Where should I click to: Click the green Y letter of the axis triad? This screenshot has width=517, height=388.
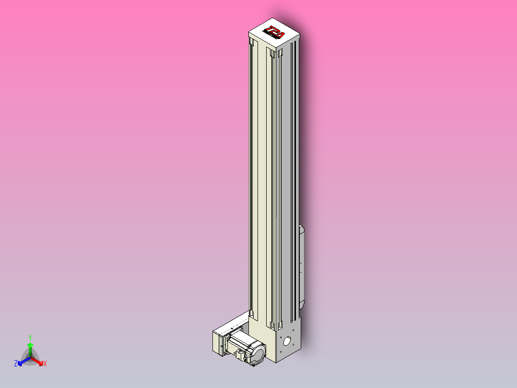click(x=30, y=338)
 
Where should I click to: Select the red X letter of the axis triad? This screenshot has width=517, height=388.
click(x=45, y=364)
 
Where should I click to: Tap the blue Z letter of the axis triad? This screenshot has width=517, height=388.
click(x=16, y=364)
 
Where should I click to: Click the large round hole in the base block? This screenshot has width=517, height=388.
click(x=288, y=342)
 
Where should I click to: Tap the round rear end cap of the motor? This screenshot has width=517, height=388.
click(x=258, y=355)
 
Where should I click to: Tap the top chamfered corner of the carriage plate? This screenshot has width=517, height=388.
click(x=302, y=227)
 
